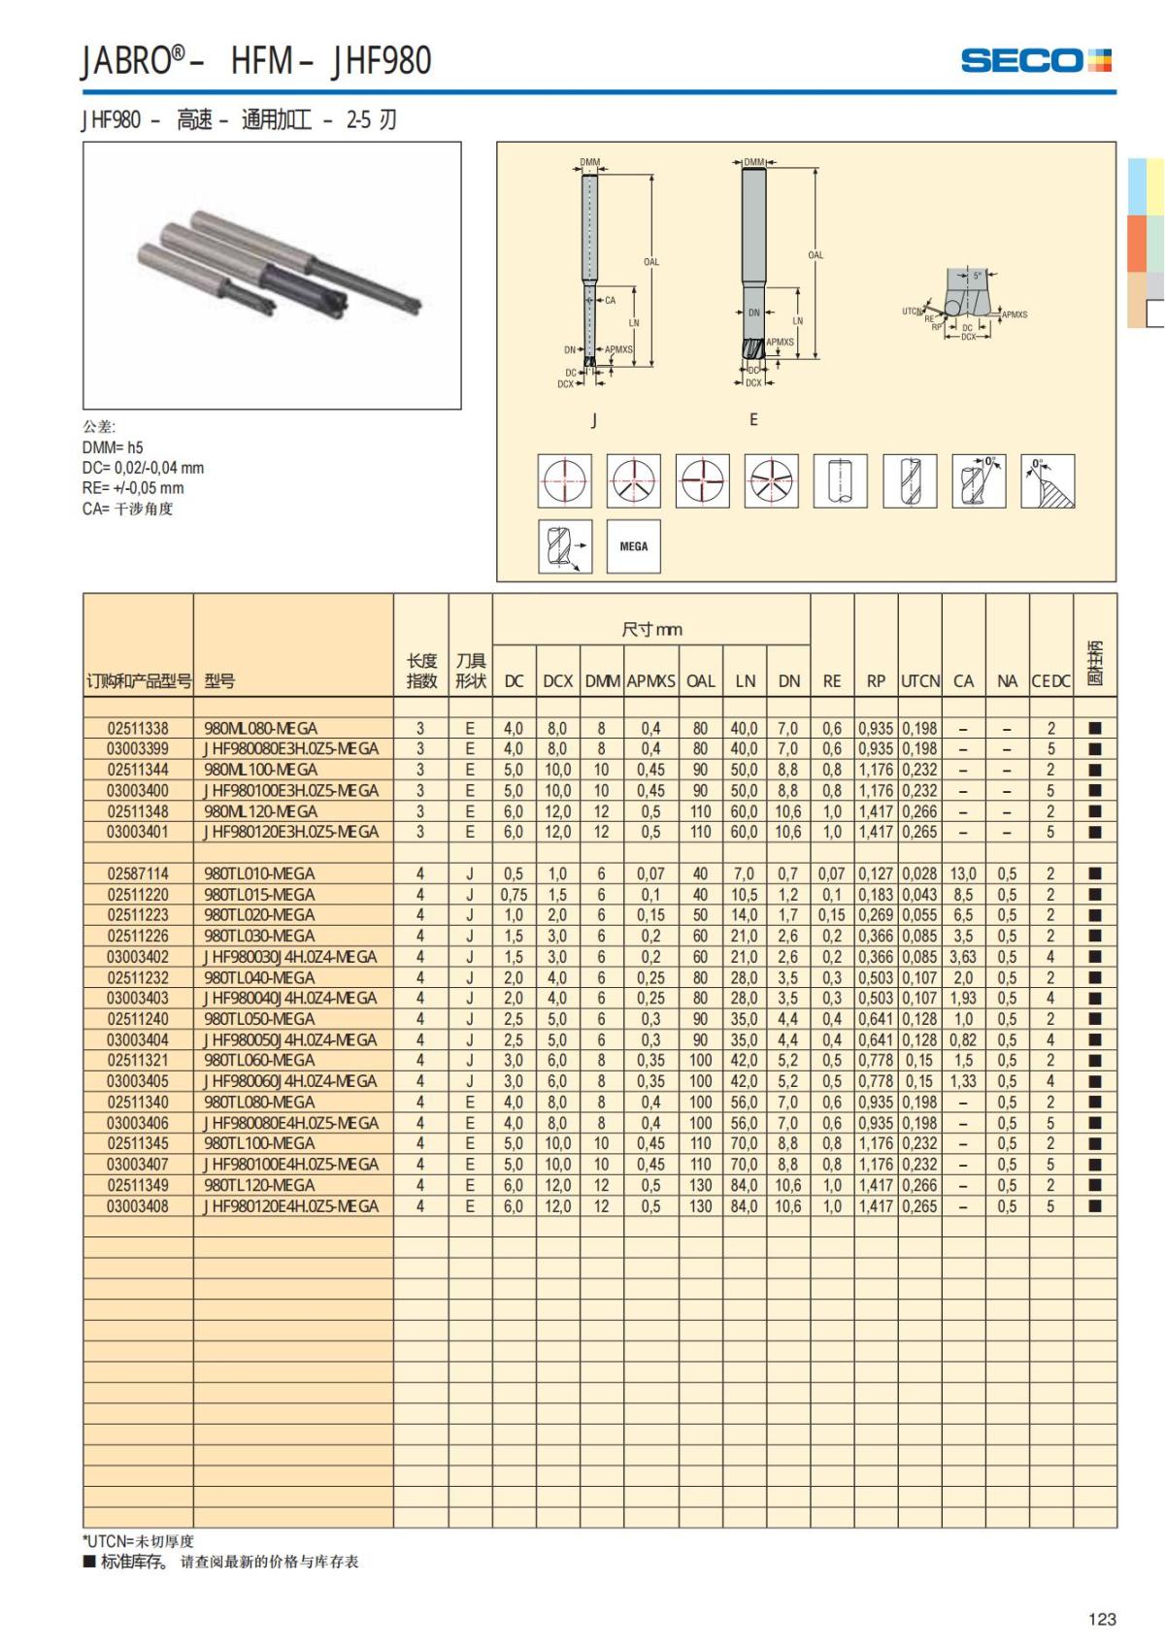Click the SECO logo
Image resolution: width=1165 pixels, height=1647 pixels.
tap(1035, 60)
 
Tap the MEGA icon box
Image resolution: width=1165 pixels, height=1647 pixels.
tap(633, 546)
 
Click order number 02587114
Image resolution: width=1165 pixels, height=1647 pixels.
tap(138, 873)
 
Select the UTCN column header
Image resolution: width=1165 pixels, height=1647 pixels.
tap(919, 681)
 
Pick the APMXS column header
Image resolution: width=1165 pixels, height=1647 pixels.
tap(650, 681)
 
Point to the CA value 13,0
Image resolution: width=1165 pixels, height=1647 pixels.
tap(963, 873)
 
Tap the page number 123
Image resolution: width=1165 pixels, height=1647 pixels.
tap(1102, 1619)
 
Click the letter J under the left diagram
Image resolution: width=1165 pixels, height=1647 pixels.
tap(594, 420)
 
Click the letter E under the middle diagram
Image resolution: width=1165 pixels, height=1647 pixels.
tap(753, 419)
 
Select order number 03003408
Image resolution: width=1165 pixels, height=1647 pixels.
tap(138, 1206)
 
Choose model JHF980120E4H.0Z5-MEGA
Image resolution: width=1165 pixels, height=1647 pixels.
tap(291, 1206)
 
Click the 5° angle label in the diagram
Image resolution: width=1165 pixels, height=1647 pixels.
tap(977, 276)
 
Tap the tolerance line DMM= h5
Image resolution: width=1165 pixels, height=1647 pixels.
tap(113, 447)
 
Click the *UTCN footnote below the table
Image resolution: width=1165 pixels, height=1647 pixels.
tap(138, 1541)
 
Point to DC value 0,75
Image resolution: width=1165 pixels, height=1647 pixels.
tap(514, 895)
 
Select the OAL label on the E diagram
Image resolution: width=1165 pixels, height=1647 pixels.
tap(815, 255)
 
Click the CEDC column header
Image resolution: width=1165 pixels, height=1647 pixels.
tap(1050, 681)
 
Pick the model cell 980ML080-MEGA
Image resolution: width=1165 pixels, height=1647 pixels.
tap(261, 728)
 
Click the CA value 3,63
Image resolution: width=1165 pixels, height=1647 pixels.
tap(963, 957)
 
